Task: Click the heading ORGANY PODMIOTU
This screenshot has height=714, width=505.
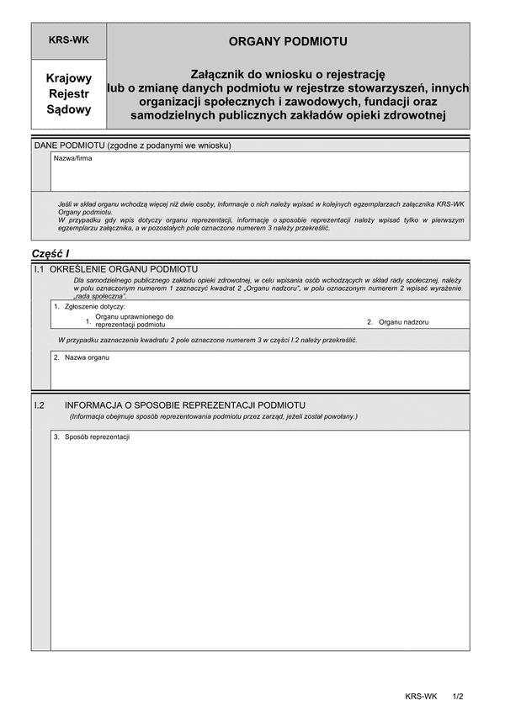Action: [288, 40]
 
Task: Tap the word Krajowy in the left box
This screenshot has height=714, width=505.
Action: [69, 78]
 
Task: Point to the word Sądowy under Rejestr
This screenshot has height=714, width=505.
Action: [69, 108]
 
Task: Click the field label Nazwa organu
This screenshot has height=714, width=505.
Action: [86, 357]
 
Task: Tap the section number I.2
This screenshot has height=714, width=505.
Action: [39, 405]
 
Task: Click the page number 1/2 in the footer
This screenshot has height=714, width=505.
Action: [458, 696]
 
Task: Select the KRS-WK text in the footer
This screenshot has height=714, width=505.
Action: [421, 696]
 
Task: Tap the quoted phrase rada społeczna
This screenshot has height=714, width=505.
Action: [101, 297]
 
